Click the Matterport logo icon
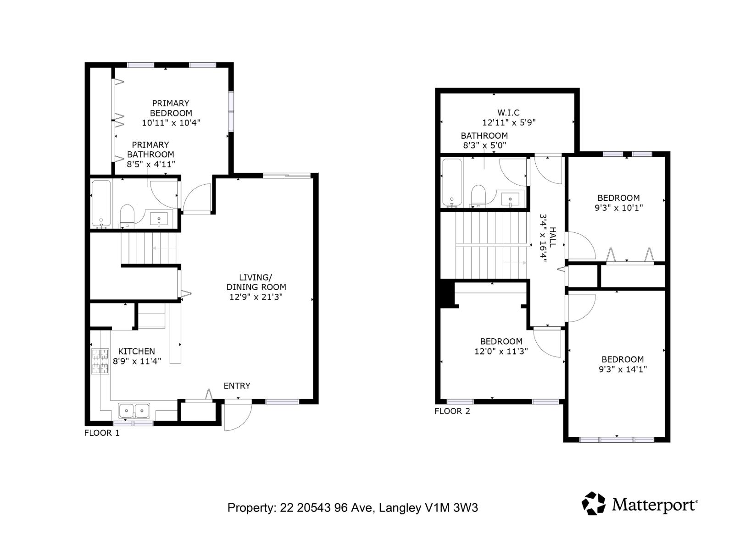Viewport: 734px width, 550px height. pyautogui.click(x=594, y=503)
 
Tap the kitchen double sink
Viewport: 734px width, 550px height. pyautogui.click(x=134, y=410)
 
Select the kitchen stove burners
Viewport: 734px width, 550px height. pyautogui.click(x=100, y=361)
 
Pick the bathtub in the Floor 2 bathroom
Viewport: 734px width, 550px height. pyautogui.click(x=451, y=182)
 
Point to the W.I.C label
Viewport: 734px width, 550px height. pyautogui.click(x=508, y=113)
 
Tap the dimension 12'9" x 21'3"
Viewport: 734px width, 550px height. pyautogui.click(x=256, y=297)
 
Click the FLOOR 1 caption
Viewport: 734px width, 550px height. pyautogui.click(x=102, y=433)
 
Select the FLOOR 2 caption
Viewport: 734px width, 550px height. pyautogui.click(x=452, y=411)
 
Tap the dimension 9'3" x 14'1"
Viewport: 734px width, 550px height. pyautogui.click(x=623, y=369)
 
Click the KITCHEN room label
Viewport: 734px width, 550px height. pyautogui.click(x=137, y=352)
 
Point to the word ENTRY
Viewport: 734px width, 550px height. pyautogui.click(x=237, y=386)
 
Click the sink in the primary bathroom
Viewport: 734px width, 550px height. pyautogui.click(x=159, y=219)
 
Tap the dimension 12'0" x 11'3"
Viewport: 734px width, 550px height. pyautogui.click(x=501, y=352)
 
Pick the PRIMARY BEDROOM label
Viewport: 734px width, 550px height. pyautogui.click(x=171, y=108)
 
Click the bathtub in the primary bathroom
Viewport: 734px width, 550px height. pyautogui.click(x=101, y=204)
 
